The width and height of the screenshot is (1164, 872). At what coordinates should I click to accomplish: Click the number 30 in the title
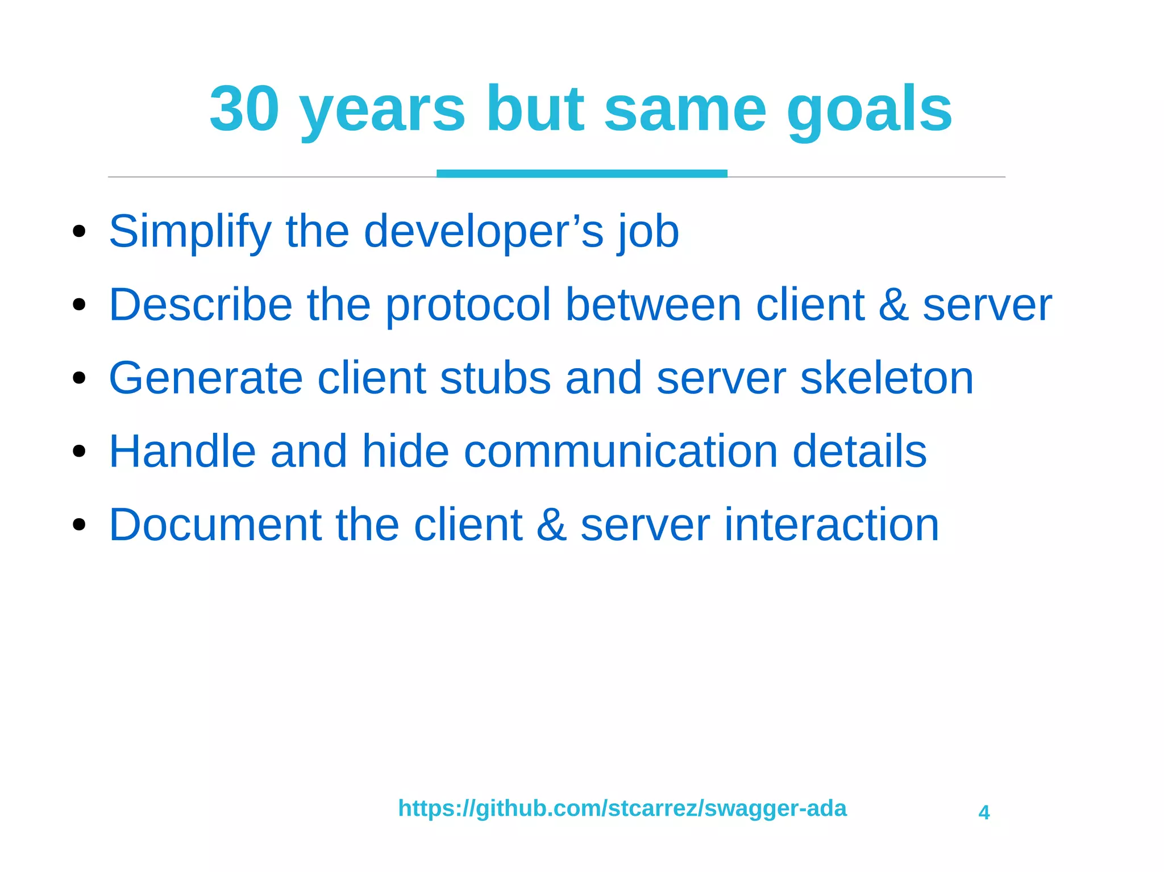click(244, 109)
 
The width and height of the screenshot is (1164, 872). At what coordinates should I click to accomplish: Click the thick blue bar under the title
click(581, 173)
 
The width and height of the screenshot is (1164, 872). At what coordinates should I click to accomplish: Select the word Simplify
click(190, 232)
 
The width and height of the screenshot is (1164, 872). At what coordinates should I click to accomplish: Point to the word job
click(649, 232)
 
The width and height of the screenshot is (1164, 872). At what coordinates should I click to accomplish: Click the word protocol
click(468, 306)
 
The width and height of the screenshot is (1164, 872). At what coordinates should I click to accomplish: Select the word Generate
click(205, 378)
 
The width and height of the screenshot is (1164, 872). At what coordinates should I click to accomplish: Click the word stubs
click(495, 378)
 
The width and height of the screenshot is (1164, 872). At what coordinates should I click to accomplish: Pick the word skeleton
click(887, 378)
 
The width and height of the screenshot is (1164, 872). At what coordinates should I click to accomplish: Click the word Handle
click(182, 452)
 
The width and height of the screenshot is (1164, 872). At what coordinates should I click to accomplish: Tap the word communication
click(621, 452)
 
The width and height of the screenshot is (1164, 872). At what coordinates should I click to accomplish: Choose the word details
click(859, 452)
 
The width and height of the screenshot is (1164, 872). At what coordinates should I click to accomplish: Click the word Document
click(214, 525)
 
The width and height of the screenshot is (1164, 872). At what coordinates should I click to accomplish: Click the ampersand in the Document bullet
click(551, 525)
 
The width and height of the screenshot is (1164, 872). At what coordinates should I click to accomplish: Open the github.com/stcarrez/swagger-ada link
click(622, 808)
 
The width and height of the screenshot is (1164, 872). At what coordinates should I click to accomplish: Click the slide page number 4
click(984, 812)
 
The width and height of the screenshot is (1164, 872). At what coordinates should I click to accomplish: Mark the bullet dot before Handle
click(79, 452)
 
